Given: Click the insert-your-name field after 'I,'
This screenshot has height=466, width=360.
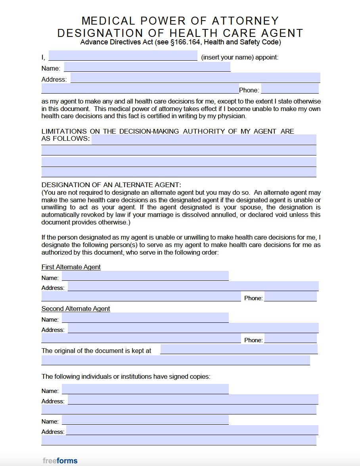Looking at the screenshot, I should [x=123, y=56].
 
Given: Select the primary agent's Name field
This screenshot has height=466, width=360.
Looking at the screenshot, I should [x=147, y=67].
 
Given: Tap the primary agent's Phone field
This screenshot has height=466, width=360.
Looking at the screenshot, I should [x=290, y=88].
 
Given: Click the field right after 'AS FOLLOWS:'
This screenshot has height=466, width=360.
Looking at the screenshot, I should [x=204, y=140].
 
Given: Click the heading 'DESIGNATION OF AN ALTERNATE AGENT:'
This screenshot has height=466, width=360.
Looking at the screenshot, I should [x=111, y=185].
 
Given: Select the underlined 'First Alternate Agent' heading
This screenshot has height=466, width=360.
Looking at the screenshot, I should [x=71, y=267].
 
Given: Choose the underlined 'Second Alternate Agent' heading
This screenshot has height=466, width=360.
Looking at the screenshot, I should [x=76, y=309].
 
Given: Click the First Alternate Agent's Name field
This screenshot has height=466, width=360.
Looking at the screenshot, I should [x=145, y=276].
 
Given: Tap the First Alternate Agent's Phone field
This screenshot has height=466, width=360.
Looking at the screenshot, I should [x=290, y=297].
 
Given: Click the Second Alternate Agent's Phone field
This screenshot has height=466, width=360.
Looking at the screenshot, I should [x=290, y=338].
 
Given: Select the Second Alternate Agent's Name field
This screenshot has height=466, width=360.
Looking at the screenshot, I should [x=145, y=318].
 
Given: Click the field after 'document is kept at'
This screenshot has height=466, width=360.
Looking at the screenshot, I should [x=239, y=349].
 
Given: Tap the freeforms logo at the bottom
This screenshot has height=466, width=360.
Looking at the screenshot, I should [x=60, y=460].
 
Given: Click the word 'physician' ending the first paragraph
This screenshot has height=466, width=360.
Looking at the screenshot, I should [x=232, y=116].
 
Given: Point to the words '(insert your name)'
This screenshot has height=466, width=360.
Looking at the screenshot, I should [x=227, y=57].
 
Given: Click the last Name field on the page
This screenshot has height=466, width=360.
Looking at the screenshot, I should [x=145, y=420].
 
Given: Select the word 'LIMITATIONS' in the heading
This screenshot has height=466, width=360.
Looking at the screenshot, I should [x=64, y=131].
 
